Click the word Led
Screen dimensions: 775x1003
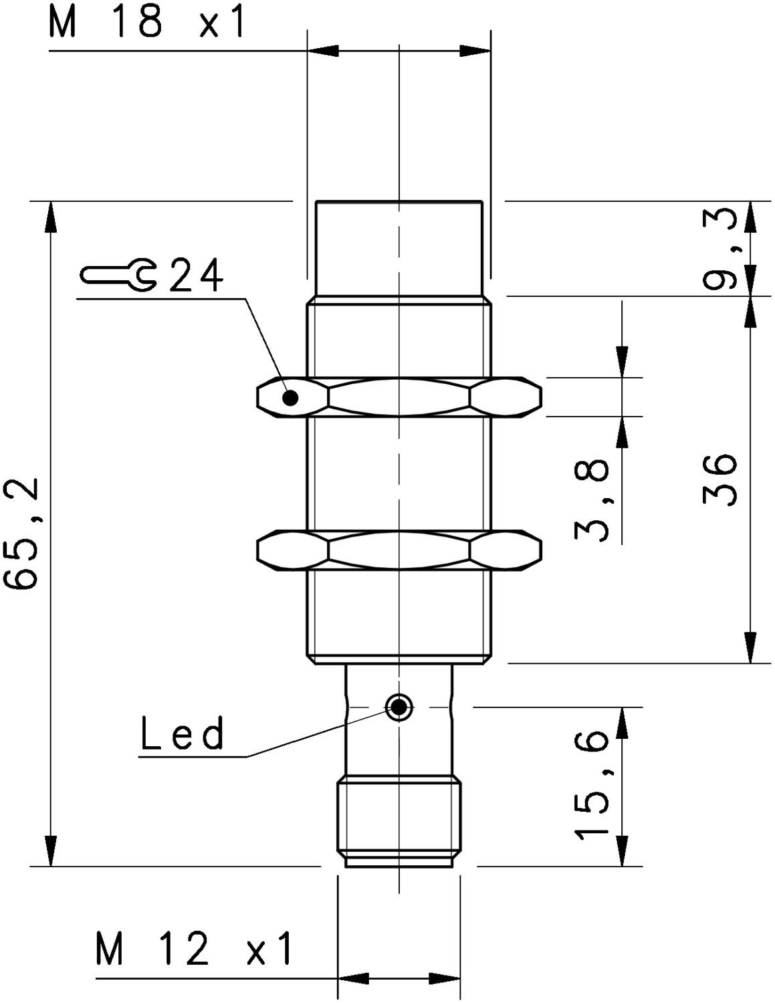click(183, 732)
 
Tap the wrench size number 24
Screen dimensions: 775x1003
click(196, 276)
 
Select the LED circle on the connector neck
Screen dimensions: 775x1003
click(398, 707)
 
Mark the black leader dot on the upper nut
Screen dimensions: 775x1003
click(291, 397)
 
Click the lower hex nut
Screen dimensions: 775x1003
click(399, 551)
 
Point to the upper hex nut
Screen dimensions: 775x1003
click(399, 397)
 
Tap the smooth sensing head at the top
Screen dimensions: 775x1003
click(399, 248)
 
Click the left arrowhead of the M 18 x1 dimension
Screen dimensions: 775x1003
click(323, 51)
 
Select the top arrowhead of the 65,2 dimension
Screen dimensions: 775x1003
click(50, 217)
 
